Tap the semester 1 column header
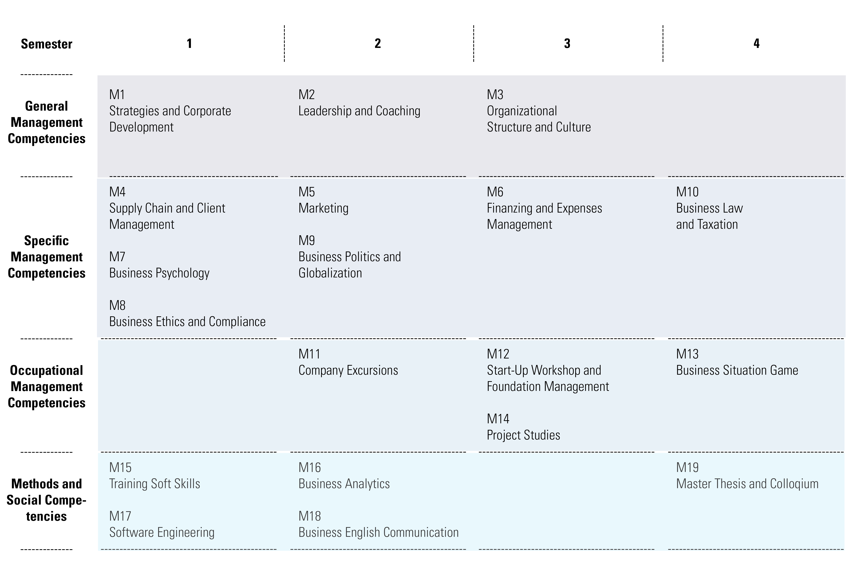tap(189, 44)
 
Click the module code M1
tap(117, 95)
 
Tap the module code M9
tap(306, 240)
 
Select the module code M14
tap(498, 419)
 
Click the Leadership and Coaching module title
tap(359, 111)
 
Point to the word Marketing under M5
tap(323, 208)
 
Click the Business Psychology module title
tap(159, 273)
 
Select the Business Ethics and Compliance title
tap(187, 322)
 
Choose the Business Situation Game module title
tap(737, 370)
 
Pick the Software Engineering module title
tap(162, 532)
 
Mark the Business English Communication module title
tap(379, 532)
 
